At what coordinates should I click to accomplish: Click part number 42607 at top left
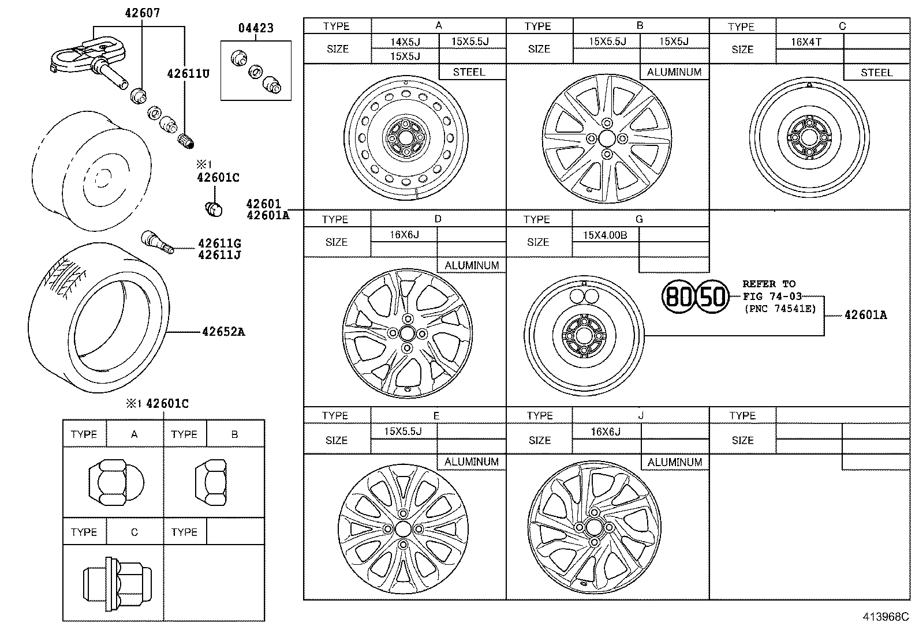click(x=142, y=12)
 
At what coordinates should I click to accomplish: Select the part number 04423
click(x=256, y=28)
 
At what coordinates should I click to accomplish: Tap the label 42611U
click(x=188, y=74)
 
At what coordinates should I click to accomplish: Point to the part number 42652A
click(x=223, y=332)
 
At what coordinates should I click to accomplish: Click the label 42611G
click(x=219, y=244)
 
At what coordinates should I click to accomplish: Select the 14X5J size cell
click(x=405, y=42)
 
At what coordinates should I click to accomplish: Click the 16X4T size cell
click(x=806, y=42)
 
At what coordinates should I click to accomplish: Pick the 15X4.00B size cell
click(x=604, y=235)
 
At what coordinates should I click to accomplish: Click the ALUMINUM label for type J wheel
click(x=674, y=462)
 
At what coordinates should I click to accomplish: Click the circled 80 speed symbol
click(x=678, y=297)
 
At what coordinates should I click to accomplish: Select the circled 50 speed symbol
click(x=713, y=297)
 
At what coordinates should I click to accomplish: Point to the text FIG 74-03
click(x=772, y=296)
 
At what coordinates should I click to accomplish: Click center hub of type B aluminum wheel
click(x=607, y=138)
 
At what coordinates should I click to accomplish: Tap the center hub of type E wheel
click(x=403, y=530)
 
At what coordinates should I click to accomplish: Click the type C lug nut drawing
click(x=117, y=584)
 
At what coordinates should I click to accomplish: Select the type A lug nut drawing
click(x=115, y=482)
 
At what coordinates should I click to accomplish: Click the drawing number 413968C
click(x=886, y=617)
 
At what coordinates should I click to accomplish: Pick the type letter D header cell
click(x=438, y=219)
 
